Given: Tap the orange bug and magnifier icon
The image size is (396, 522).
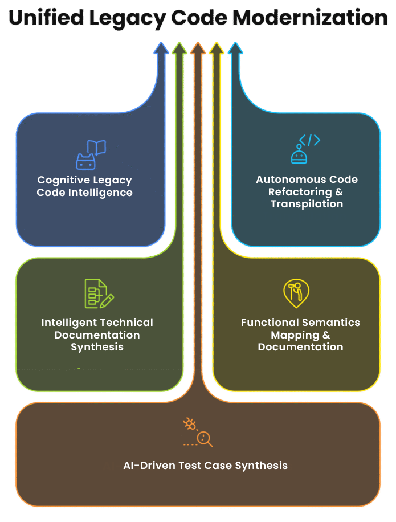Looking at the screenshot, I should pyautogui.click(x=198, y=433).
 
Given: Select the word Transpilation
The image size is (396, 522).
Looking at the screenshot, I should pyautogui.click(x=307, y=204).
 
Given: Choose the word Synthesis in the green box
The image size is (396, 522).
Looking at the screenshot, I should pyautogui.click(x=97, y=347).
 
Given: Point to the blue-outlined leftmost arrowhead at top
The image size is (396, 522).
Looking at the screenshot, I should pyautogui.click(x=161, y=50).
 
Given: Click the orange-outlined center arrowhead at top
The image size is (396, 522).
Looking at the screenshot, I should pyautogui.click(x=198, y=50).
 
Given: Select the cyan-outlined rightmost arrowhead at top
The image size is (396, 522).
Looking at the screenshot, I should pyautogui.click(x=235, y=50).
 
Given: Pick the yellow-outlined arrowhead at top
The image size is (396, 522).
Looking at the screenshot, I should pyautogui.click(x=217, y=50).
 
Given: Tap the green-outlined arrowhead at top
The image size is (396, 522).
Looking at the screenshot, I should pyautogui.click(x=179, y=50).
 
